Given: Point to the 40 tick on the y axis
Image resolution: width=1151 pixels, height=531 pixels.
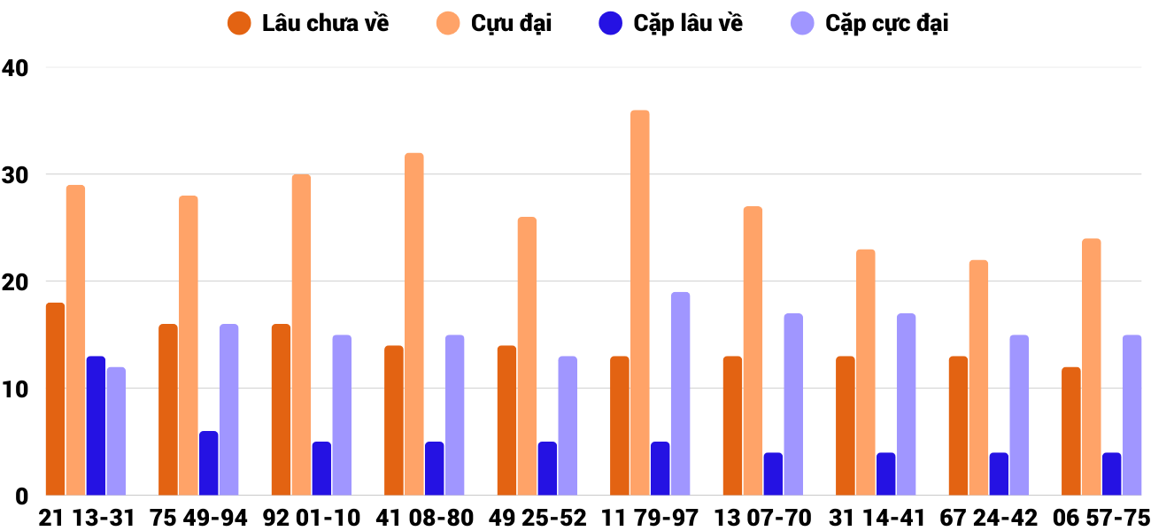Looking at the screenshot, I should [x=16, y=68].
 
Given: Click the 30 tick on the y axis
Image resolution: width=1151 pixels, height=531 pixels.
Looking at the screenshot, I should [x=16, y=175].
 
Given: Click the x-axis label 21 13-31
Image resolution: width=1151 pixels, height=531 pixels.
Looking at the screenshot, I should [x=86, y=518].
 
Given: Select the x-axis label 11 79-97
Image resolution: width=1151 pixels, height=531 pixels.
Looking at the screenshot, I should [x=650, y=518].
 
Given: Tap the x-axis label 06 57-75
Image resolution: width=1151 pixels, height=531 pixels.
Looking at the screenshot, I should [x=1101, y=518].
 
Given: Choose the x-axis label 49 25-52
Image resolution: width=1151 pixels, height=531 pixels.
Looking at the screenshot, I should [x=537, y=518].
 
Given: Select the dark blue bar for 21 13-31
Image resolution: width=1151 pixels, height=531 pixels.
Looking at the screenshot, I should [x=96, y=426].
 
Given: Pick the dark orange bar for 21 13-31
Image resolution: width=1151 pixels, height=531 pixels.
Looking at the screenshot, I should [x=56, y=399].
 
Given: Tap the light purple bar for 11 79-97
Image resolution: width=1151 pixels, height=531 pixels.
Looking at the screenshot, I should [x=680, y=394].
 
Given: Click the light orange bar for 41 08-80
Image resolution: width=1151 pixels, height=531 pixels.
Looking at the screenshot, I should [x=414, y=324].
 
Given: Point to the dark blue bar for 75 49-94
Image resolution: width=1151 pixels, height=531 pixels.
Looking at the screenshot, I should [x=209, y=463].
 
